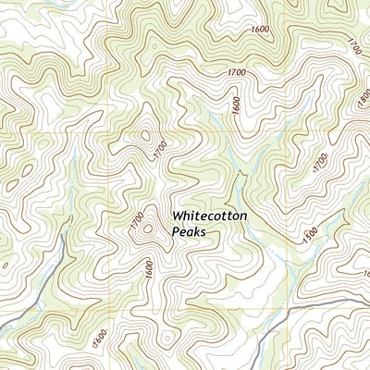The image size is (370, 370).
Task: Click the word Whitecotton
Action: click(x=209, y=216)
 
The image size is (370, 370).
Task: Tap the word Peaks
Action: click(x=188, y=232)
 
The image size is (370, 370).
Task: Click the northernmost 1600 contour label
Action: click(x=260, y=30)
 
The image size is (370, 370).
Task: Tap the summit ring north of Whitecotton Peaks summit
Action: click(x=145, y=137)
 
